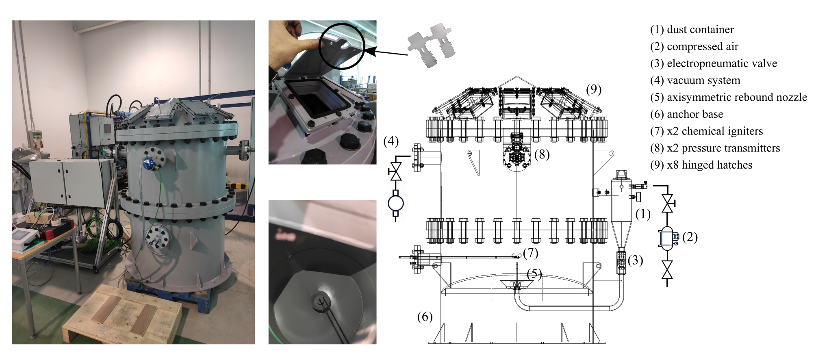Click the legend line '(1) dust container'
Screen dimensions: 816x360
point(692,30)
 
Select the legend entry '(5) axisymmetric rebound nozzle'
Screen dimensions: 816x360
point(728,98)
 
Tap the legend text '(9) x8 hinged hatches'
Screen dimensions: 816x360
point(701,165)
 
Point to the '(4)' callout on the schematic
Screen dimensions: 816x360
point(391,141)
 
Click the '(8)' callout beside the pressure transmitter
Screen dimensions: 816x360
point(542,154)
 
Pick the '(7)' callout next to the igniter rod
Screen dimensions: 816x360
point(531,253)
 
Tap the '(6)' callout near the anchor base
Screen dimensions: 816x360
point(425,317)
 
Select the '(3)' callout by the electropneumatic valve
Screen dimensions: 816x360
point(636,260)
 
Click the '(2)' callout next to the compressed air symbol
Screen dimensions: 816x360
point(690,237)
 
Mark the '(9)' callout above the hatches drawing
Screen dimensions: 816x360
point(594,89)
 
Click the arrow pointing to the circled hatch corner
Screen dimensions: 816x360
point(386,52)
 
